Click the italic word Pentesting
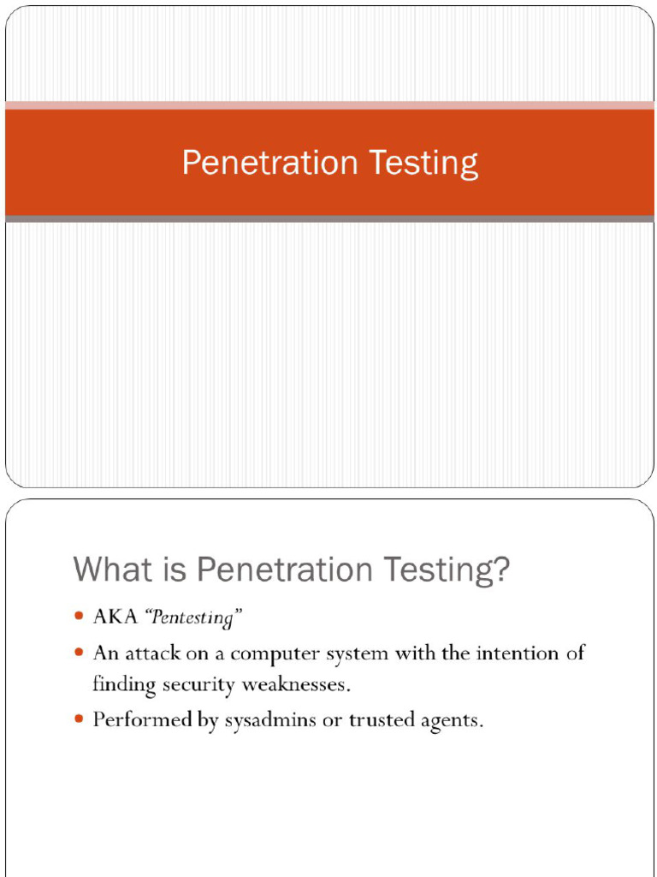coord(194,617)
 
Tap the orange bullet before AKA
coord(79,617)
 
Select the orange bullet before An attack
coord(79,653)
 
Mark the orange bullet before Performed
coord(79,720)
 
